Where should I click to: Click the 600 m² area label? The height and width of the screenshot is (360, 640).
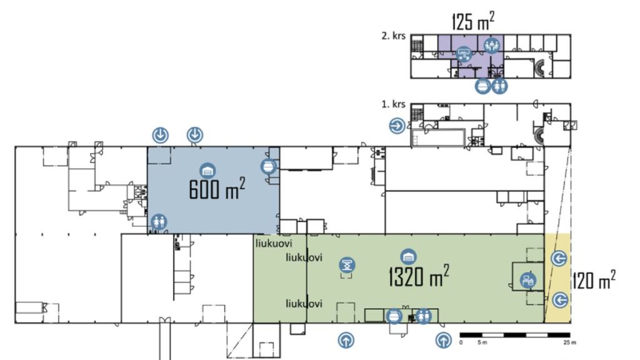[217, 189]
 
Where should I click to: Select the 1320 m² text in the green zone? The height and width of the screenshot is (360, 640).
[418, 276]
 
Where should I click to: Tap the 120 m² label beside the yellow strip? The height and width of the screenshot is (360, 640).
[594, 281]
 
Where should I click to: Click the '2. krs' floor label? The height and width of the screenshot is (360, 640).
[394, 36]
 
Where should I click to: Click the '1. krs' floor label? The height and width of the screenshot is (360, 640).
[394, 104]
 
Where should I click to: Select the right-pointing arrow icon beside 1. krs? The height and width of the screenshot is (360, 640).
[397, 126]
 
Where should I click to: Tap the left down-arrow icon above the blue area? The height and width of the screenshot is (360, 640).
[161, 134]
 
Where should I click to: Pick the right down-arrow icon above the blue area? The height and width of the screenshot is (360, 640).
[195, 134]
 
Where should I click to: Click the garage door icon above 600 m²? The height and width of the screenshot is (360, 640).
[207, 170]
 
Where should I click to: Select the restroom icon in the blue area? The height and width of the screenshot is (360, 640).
[157, 221]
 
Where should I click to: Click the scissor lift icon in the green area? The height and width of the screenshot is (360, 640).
[347, 265]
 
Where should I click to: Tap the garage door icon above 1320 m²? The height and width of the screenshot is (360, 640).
[409, 256]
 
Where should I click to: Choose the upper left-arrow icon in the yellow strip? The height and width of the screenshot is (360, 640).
[559, 259]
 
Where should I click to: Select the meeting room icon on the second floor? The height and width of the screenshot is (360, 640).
[491, 45]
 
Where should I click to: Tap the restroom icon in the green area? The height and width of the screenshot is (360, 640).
[424, 317]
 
